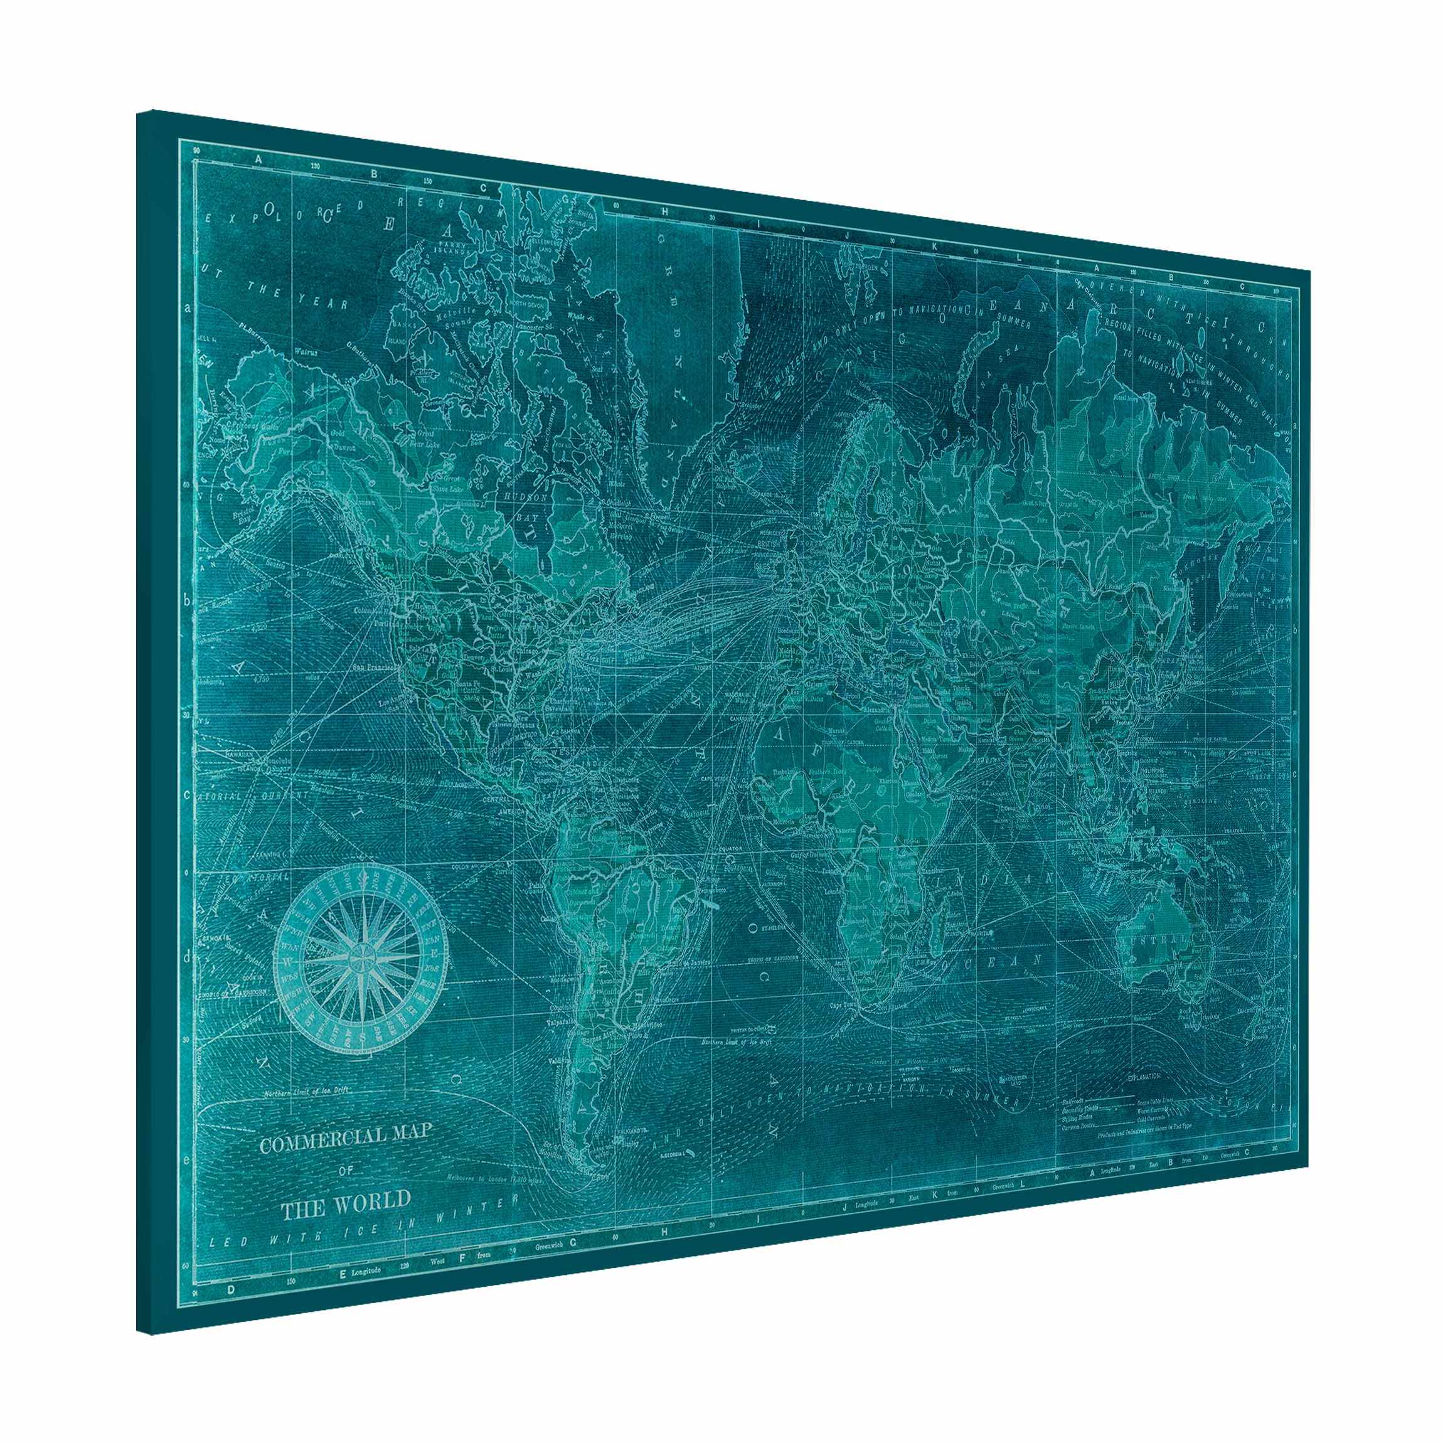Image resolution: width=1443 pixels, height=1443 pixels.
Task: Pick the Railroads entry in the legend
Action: coord(1074,1101)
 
